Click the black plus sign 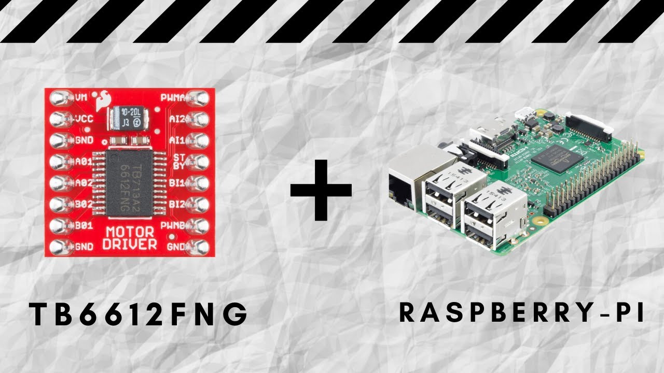321,190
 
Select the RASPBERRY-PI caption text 521,313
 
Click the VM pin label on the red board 81,97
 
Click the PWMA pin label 171,97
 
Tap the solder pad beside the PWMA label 198,97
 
